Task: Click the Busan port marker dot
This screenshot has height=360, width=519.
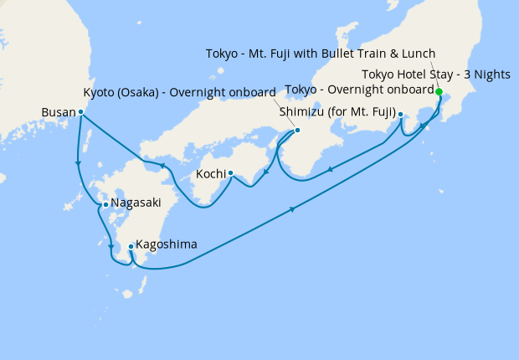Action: [80, 111]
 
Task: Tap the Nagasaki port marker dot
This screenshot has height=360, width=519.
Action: [105, 204]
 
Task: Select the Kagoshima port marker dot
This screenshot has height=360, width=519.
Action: [131, 246]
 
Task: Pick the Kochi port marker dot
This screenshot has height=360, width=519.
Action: [230, 174]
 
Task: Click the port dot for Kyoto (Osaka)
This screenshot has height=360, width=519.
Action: [297, 131]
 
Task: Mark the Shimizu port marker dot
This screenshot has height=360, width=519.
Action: [401, 114]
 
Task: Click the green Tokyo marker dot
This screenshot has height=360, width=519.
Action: [439, 91]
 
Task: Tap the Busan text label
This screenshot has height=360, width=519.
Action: [58, 111]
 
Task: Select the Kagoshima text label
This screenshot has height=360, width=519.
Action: [167, 245]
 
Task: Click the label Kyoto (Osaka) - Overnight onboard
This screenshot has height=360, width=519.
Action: [181, 91]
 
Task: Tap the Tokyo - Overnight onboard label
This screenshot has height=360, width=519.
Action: [359, 90]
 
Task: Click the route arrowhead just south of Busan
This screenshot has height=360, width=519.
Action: [78, 163]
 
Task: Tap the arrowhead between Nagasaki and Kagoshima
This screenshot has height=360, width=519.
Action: [110, 246]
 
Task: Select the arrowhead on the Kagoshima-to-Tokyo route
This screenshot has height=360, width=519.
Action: [293, 209]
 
